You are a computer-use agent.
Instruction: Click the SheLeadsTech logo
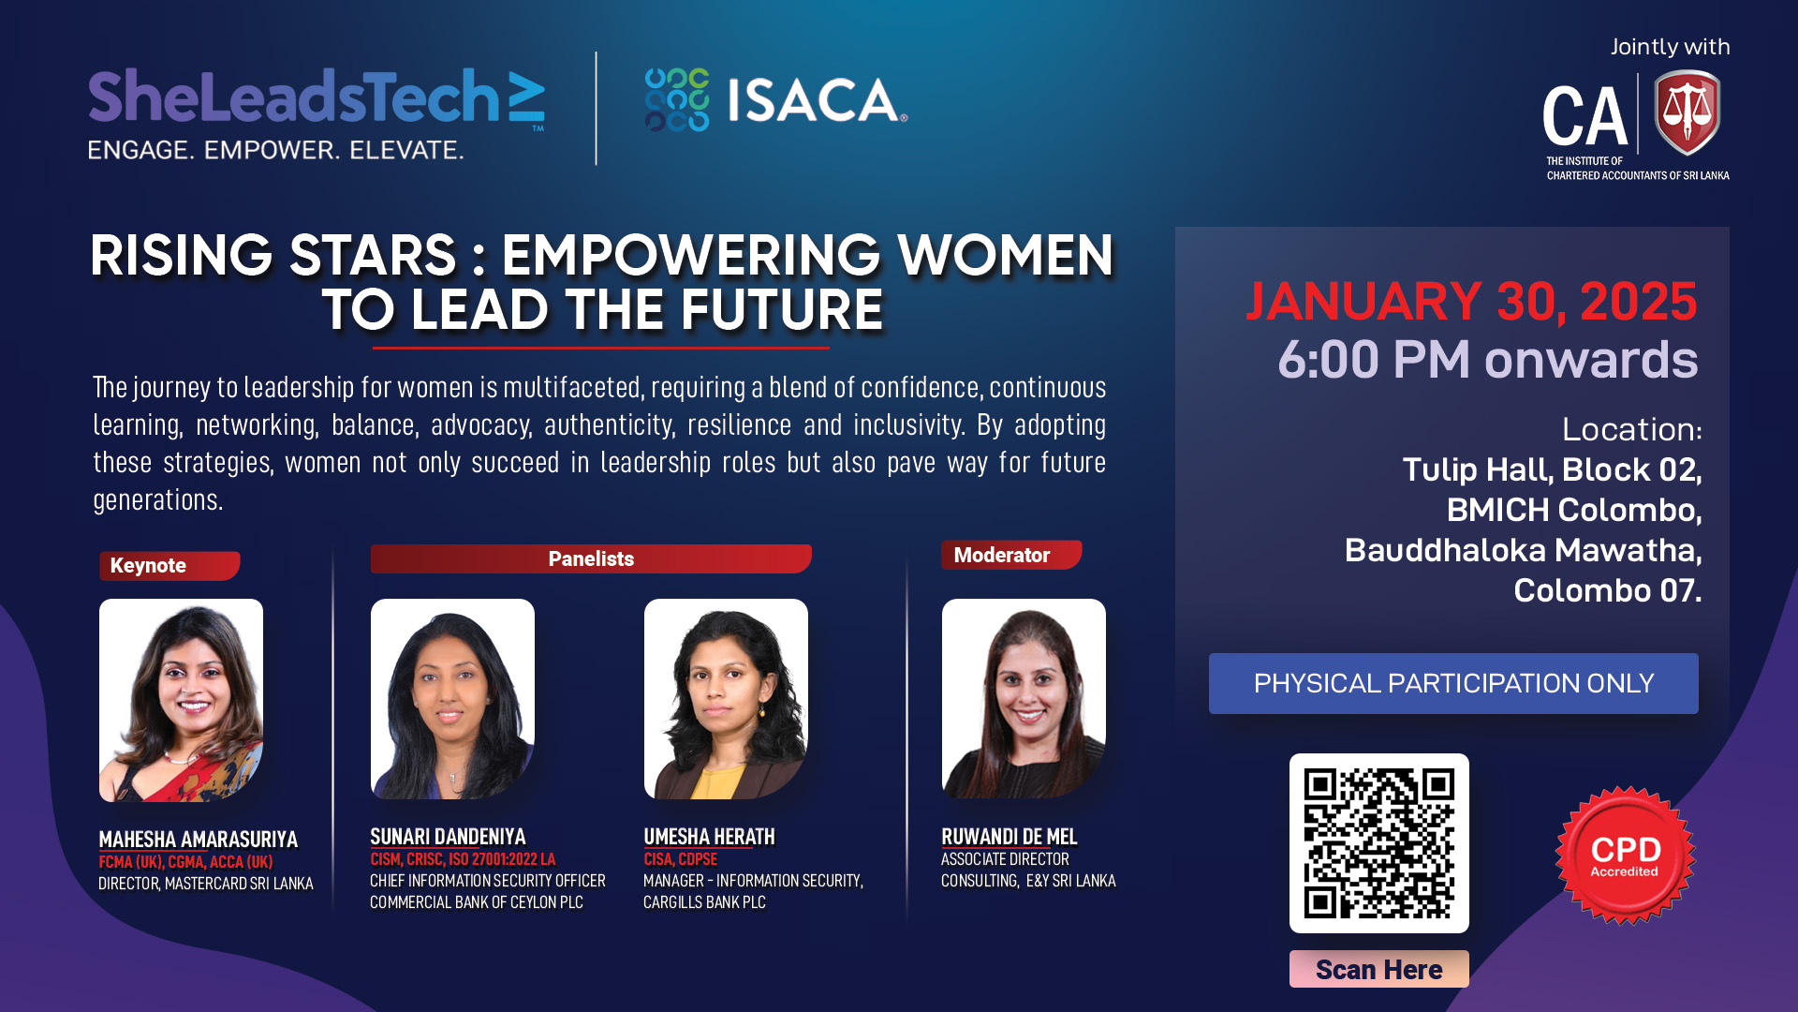(317, 113)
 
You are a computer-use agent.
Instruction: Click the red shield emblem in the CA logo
(1687, 113)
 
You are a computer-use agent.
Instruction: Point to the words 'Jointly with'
(1670, 47)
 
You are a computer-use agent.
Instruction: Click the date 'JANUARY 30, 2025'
(1471, 302)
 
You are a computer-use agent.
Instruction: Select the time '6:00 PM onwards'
(1488, 359)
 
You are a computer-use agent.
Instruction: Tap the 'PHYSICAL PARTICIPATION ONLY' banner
(1453, 683)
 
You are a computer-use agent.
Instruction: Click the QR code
(1379, 843)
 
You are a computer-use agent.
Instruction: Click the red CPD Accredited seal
(1625, 856)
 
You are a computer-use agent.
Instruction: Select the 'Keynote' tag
(169, 566)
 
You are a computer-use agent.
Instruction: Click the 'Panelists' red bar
(591, 558)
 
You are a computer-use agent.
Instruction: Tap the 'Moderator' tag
(1011, 555)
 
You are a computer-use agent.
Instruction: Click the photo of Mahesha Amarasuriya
(181, 700)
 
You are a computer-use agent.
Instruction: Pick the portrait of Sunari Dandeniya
(452, 699)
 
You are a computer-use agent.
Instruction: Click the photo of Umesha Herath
(726, 699)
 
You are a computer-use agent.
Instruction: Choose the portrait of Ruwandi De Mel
(1024, 699)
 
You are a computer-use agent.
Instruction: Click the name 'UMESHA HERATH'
(709, 837)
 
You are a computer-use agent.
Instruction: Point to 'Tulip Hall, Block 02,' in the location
(1552, 469)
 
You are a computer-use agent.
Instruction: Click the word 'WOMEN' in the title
(1006, 255)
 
